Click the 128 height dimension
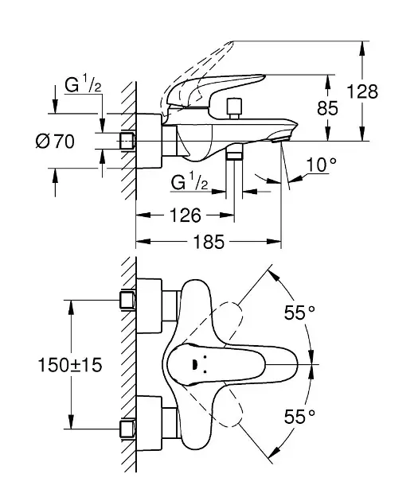(x=362, y=91)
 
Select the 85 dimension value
(x=327, y=108)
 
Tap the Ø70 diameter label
(x=55, y=142)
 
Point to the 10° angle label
(x=321, y=165)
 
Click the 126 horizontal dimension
(x=186, y=216)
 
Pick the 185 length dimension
(x=209, y=242)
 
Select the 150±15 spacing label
(x=70, y=365)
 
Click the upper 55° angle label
(x=299, y=313)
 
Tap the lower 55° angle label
(x=299, y=417)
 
